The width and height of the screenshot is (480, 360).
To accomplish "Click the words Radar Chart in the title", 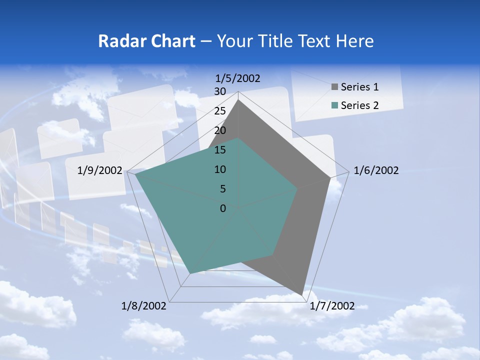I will tap(146, 41).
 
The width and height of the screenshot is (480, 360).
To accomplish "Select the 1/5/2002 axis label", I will tap(238, 78).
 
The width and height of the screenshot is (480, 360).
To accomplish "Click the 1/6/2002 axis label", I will tap(376, 170).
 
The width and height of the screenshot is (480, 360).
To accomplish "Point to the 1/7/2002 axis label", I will tap(332, 306).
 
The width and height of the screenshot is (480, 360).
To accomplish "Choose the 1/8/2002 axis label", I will tap(144, 306).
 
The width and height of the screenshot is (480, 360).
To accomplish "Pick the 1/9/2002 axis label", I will tap(100, 170).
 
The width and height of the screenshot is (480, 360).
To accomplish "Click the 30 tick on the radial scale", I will tap(219, 91).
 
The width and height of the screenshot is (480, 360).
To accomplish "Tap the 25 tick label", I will tap(219, 111).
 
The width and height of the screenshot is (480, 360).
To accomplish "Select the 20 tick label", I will tap(219, 130).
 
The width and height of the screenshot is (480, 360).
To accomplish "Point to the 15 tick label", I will tap(219, 150).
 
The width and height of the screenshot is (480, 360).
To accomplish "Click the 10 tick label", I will tap(219, 169).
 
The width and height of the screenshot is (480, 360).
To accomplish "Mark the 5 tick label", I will tap(222, 189).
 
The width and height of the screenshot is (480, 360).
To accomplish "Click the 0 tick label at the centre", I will tap(222, 208).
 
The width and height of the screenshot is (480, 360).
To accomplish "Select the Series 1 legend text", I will tap(359, 87).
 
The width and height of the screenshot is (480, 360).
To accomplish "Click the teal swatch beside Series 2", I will tap(334, 105).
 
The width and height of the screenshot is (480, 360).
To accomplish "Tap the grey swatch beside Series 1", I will tap(334, 87).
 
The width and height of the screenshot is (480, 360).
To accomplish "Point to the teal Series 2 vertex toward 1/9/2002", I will tap(136, 174).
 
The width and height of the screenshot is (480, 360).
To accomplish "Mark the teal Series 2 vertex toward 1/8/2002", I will tap(189, 273).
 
